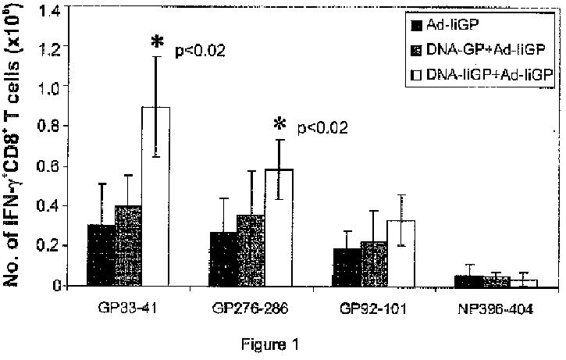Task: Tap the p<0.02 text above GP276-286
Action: point(321,127)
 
